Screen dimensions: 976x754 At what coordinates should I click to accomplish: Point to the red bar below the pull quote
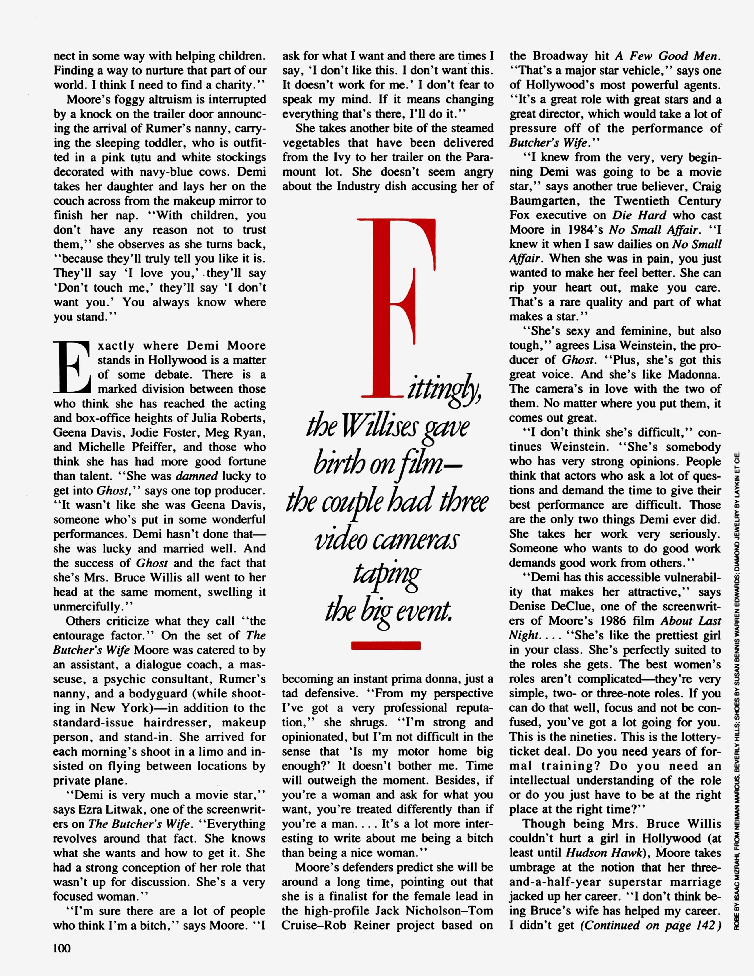tap(386, 645)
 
